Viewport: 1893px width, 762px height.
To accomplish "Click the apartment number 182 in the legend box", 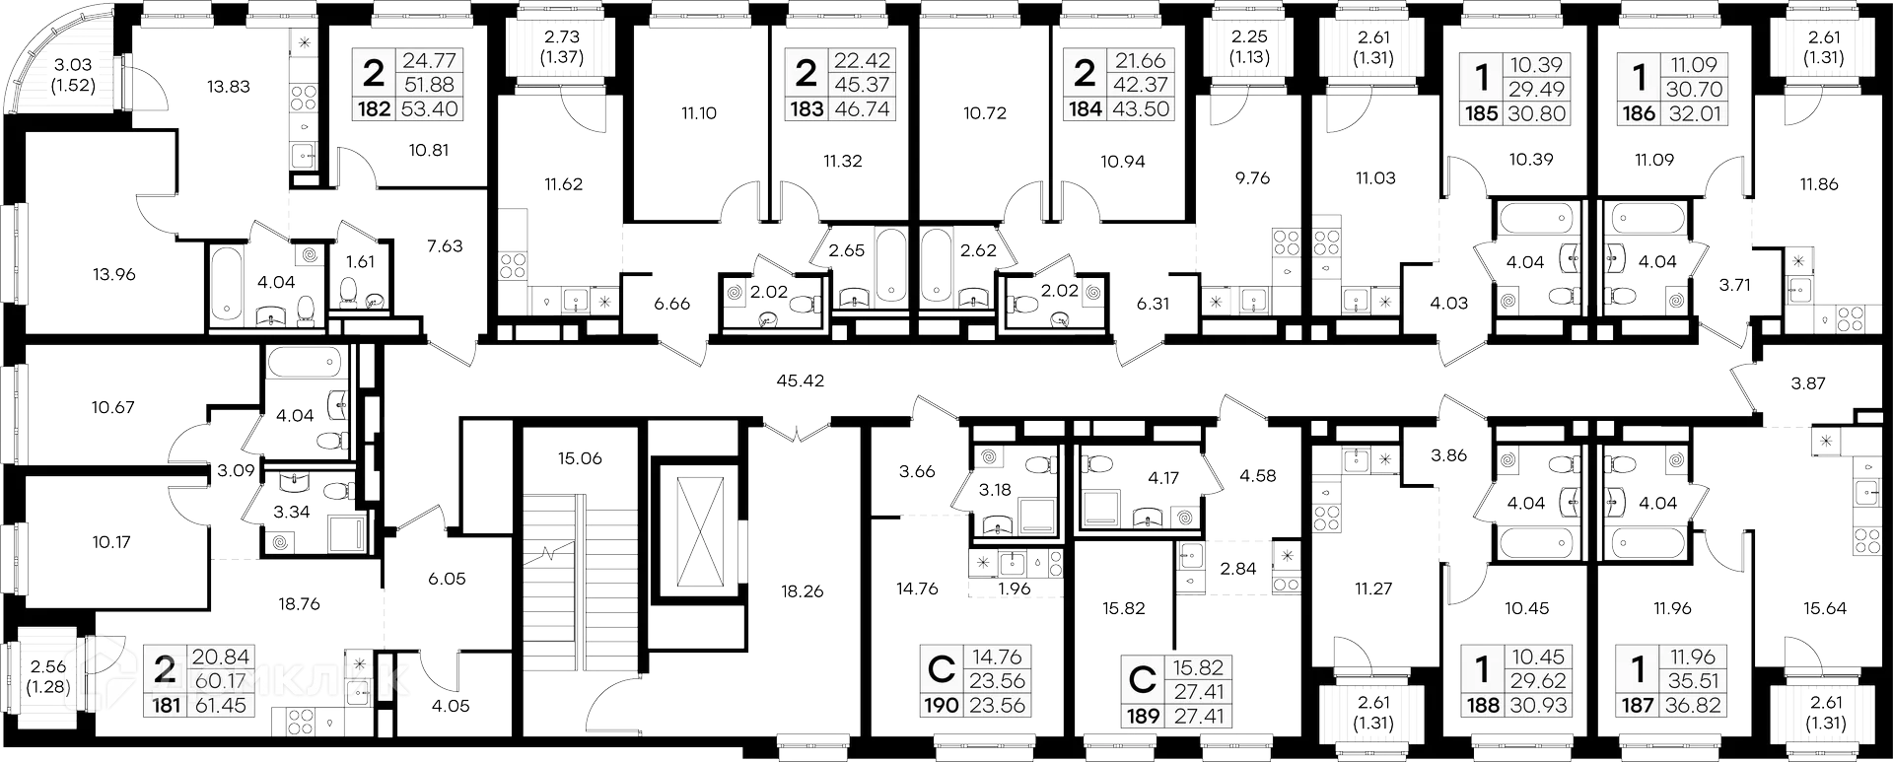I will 374,109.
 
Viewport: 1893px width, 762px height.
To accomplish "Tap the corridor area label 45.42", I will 801,380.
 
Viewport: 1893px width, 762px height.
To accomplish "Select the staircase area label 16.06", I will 580,458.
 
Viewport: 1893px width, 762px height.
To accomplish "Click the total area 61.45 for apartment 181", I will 220,705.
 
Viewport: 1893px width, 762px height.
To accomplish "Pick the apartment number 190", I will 942,706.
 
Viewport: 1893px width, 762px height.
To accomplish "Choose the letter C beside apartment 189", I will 1143,679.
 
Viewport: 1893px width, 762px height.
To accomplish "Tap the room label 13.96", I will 114,275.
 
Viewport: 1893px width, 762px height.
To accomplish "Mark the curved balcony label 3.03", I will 74,65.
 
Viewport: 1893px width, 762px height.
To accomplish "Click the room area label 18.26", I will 803,591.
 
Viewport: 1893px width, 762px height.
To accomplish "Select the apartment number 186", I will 1639,113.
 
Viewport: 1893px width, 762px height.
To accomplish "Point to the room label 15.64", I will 1824,608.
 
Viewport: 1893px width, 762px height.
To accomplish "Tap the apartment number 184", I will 1086,109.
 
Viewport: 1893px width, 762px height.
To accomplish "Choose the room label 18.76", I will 299,603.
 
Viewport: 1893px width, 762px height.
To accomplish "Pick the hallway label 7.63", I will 445,245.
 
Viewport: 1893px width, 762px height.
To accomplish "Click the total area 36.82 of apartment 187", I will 1693,705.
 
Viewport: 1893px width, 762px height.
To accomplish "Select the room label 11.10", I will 698,113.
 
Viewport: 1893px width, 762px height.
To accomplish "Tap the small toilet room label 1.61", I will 362,261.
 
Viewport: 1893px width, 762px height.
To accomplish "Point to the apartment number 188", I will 1483,705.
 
